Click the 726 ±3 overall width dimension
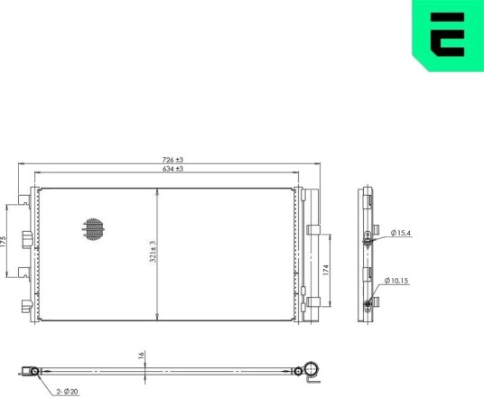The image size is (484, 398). point(172,160)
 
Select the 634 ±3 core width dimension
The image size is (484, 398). point(172,169)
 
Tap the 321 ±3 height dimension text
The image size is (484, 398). point(154,252)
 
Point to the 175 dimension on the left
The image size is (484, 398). point(3,241)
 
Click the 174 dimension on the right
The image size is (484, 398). point(326,270)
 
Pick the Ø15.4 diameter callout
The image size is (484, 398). point(401,233)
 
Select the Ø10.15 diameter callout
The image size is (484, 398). point(396,281)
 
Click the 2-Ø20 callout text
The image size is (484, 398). point(67,392)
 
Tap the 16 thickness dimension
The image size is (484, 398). point(141,355)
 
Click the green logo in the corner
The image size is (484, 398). point(448,34)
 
